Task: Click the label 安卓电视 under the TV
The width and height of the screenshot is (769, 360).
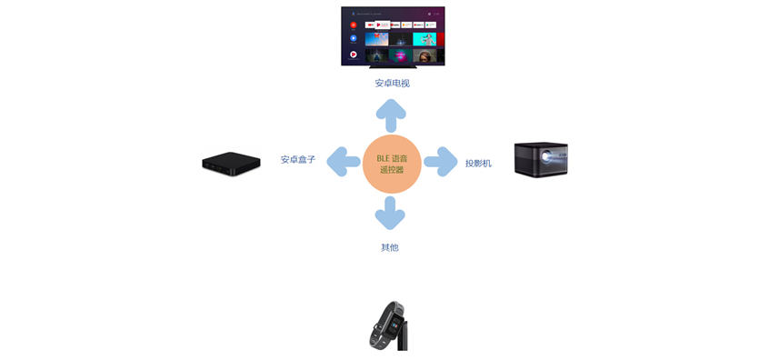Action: click(x=392, y=84)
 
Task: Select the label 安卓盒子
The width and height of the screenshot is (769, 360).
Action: click(x=298, y=160)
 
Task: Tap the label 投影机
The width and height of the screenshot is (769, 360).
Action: click(x=478, y=164)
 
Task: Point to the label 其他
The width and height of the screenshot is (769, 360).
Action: click(x=390, y=247)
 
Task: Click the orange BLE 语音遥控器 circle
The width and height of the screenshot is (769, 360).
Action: click(x=392, y=164)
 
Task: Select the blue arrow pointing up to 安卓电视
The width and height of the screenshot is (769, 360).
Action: click(x=392, y=115)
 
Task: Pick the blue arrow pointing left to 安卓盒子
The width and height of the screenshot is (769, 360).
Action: click(x=344, y=162)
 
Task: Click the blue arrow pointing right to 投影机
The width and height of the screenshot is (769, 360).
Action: click(x=441, y=162)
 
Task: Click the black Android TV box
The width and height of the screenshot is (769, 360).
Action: click(x=231, y=163)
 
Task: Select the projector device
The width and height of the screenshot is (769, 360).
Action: click(x=541, y=158)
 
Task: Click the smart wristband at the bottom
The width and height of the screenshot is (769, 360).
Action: click(x=389, y=325)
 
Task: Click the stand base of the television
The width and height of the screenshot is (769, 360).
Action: click(x=392, y=64)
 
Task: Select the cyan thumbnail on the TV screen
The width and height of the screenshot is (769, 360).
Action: click(x=424, y=39)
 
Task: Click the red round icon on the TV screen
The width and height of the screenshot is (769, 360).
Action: click(x=354, y=25)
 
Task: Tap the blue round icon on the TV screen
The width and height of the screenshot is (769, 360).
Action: click(x=353, y=39)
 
